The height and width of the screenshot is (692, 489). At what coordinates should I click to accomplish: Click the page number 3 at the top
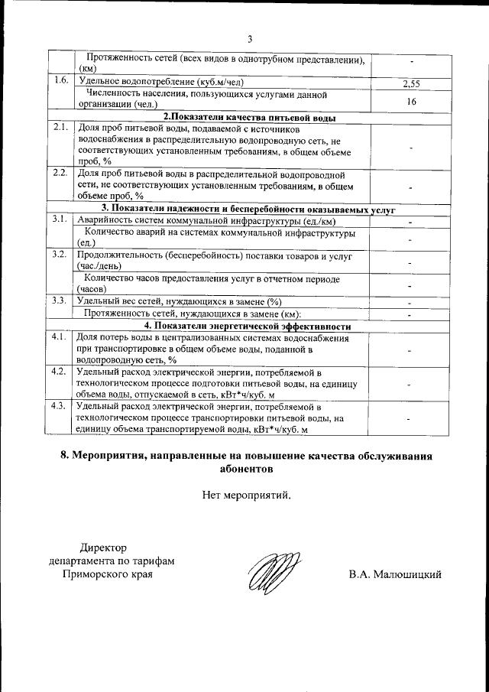click(x=249, y=39)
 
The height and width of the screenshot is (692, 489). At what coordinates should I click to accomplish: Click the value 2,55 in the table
click(x=411, y=83)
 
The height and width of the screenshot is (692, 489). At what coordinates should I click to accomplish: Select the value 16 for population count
click(x=411, y=99)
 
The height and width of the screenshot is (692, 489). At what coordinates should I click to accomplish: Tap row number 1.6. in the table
click(x=61, y=80)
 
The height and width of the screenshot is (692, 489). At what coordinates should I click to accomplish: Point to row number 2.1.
click(x=61, y=128)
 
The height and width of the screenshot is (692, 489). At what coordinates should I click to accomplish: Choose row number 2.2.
click(x=61, y=173)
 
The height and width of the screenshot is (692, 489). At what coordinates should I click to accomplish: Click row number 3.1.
click(x=61, y=219)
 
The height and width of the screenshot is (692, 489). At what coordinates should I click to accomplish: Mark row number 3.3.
click(x=61, y=300)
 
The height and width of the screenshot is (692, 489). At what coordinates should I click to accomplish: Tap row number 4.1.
click(x=61, y=336)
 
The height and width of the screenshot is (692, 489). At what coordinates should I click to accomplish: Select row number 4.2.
click(x=61, y=372)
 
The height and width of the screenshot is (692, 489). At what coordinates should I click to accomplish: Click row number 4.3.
click(x=61, y=406)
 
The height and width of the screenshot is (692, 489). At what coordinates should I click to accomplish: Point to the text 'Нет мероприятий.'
click(x=247, y=495)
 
